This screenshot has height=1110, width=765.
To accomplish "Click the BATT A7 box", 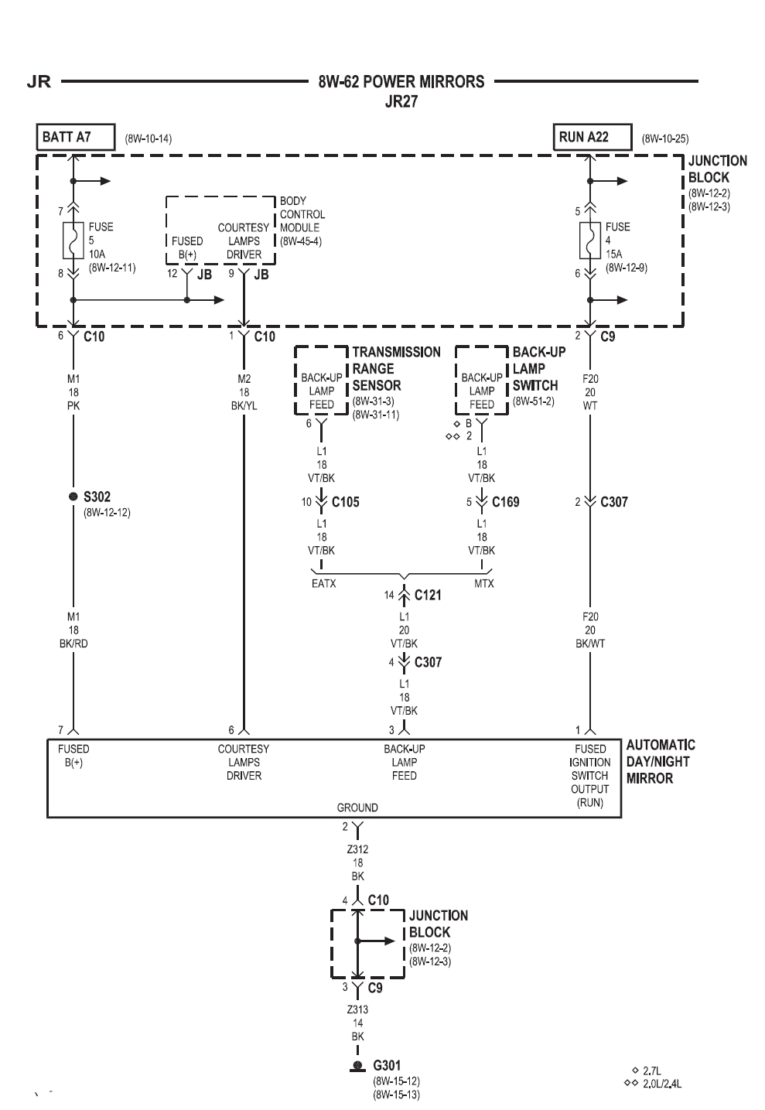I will coord(75,138).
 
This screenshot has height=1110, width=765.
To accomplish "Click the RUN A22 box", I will coord(592,138).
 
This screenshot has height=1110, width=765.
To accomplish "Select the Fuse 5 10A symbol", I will coord(73,241).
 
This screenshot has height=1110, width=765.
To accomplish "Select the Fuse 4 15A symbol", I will coord(590,241).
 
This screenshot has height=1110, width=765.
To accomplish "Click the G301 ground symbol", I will coord(357,1067).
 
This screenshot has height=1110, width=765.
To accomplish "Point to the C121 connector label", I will coord(428,595).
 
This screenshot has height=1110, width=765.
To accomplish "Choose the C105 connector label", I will coord(345,502).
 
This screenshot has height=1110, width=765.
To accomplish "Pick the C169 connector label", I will coord(505,502).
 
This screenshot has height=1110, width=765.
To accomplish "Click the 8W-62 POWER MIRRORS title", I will coord(401,81).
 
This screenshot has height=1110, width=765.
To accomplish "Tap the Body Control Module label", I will coord(302,220).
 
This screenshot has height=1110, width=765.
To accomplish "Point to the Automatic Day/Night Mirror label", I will coord(660,761).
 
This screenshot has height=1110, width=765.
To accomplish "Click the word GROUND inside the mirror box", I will coord(357,808).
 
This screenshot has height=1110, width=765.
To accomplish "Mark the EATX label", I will coord(323,583).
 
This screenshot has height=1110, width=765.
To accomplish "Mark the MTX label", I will coord(483,583).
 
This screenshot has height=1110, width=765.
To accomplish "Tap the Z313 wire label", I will coord(357,1009).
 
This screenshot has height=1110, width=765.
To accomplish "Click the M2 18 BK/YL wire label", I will coord(244,392).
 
